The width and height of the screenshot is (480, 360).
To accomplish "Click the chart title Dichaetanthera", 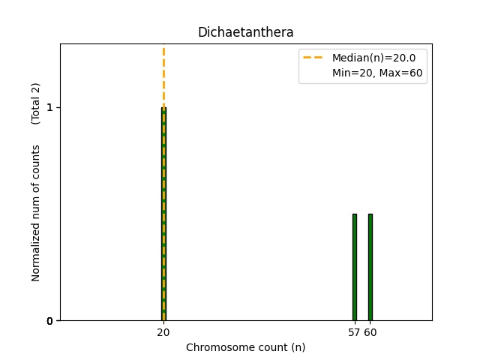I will point(245,32).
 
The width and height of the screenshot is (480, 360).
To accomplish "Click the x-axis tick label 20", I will point(163,331).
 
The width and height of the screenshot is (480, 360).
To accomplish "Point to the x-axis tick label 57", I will point(353,331).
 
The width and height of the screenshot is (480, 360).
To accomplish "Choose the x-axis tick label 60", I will point(370,331).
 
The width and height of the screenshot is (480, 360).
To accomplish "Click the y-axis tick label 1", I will point(49,107).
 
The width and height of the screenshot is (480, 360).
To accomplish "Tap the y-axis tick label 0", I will point(49,321).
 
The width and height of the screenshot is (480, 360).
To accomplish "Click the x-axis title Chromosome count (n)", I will point(245,347).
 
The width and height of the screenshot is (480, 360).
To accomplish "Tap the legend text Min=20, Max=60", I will point(379,73).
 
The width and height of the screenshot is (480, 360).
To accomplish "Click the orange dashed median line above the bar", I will point(163,75).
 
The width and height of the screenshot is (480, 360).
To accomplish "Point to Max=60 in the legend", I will point(406,73).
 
